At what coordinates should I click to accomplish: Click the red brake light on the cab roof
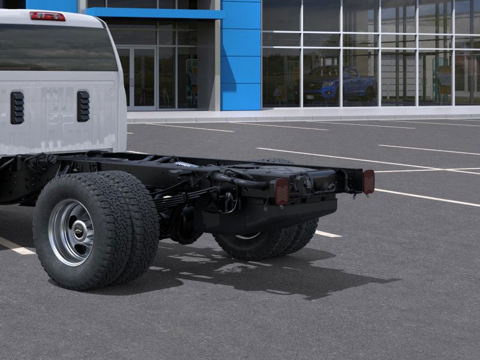pos(47,16)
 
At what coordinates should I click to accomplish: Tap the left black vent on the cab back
pos(17,107)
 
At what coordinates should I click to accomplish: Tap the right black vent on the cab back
pos(83,106)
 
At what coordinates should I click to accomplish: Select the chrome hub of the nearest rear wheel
pos(71,232)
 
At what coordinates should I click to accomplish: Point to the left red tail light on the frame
pos(281,191)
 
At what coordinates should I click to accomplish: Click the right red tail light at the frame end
pos(368,181)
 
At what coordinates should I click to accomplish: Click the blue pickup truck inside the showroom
pos(340,83)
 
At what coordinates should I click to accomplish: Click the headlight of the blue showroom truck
pos(328,83)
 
